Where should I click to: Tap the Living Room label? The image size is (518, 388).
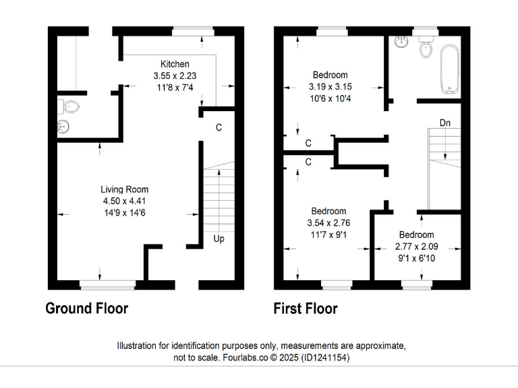click(x=125, y=189)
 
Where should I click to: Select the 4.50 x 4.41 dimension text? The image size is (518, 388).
click(x=125, y=201)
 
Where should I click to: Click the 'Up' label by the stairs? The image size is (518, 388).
click(x=219, y=238)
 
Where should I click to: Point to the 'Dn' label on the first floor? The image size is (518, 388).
click(x=444, y=123)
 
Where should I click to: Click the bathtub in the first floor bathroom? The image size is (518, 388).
click(x=449, y=69)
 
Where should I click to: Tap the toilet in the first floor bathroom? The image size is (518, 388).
click(x=426, y=48)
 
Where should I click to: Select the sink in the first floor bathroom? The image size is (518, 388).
click(x=402, y=42)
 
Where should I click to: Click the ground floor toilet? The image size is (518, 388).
click(x=70, y=106)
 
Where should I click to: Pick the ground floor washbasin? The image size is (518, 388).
click(x=64, y=127)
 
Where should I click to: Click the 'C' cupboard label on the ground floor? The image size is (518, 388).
click(x=219, y=127)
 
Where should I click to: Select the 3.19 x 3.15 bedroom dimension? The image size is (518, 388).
click(x=330, y=87)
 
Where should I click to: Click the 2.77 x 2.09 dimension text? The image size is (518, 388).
click(x=416, y=246)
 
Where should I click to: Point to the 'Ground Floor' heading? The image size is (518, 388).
click(x=86, y=309)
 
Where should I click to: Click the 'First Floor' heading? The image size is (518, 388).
click(x=306, y=309)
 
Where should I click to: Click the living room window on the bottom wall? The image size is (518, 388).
click(x=107, y=285)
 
